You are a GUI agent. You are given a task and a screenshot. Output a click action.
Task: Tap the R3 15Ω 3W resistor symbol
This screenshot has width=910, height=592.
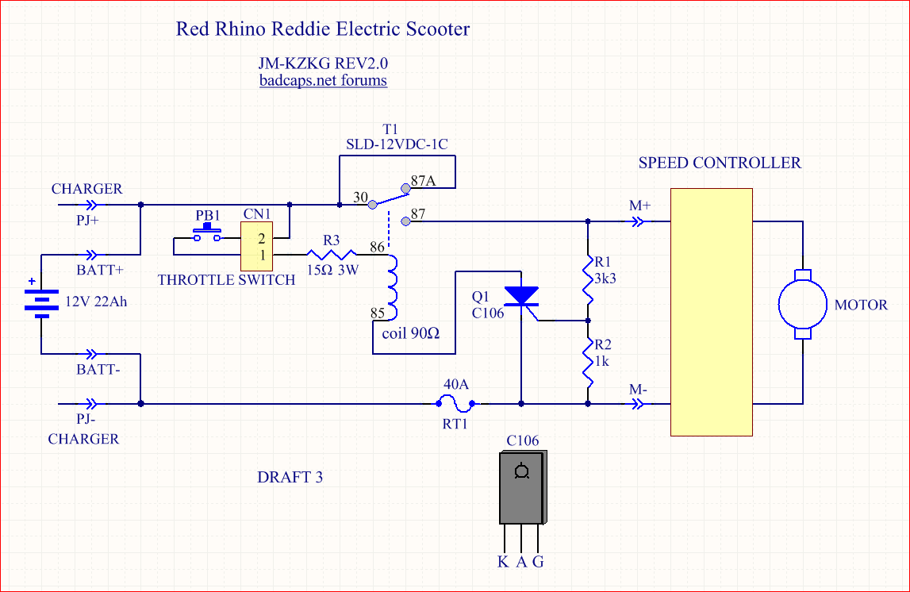pyautogui.click(x=333, y=255)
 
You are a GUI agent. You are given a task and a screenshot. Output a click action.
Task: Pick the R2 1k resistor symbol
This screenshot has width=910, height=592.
pyautogui.click(x=588, y=361)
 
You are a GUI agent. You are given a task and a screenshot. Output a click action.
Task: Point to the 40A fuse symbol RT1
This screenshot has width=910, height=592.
pyautogui.click(x=456, y=403)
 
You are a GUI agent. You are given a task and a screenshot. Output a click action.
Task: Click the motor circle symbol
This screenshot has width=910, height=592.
pyautogui.click(x=803, y=305)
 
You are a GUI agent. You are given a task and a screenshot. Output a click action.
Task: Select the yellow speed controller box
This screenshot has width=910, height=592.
pyautogui.click(x=711, y=311)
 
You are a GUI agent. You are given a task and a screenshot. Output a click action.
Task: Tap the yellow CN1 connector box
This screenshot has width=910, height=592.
pyautogui.click(x=257, y=246)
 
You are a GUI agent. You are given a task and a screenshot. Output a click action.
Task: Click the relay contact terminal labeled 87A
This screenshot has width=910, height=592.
pyautogui.click(x=406, y=189)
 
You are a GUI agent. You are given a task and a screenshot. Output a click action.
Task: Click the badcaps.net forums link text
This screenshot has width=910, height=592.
pyautogui.click(x=323, y=80)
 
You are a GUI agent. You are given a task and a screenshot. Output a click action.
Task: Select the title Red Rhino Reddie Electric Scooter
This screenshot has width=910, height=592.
pyautogui.click(x=322, y=29)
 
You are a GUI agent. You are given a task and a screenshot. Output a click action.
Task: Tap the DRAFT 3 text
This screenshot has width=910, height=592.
pyautogui.click(x=290, y=477)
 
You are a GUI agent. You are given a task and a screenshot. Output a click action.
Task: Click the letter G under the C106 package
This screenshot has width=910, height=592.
pyautogui.click(x=539, y=562)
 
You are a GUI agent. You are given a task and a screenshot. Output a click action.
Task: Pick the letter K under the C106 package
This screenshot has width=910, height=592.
pyautogui.click(x=503, y=562)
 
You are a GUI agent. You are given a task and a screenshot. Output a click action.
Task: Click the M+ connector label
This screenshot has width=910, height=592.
pyautogui.click(x=639, y=206)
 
